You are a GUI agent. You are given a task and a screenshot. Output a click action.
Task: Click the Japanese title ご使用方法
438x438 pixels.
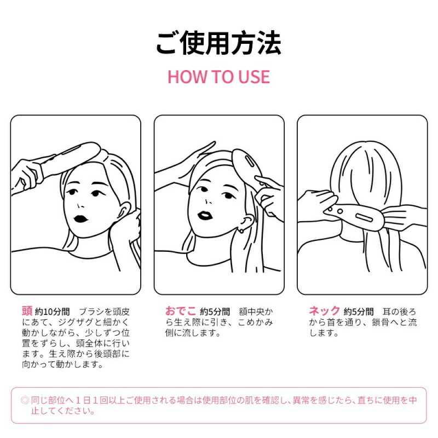218,43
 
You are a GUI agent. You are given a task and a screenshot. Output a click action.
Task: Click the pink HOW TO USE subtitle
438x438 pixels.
218,77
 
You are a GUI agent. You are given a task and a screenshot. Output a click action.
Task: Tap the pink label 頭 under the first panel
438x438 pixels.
27,311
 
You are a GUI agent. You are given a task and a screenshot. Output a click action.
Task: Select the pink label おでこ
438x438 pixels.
181,311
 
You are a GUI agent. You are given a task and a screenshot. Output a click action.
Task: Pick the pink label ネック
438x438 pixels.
324,311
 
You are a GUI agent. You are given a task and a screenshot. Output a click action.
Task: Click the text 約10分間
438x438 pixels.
52,312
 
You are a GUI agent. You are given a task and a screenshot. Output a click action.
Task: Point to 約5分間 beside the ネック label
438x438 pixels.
359,312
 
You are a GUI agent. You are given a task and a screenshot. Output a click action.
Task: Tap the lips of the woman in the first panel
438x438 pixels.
80,218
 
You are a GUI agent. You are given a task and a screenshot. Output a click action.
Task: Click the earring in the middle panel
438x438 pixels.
240,230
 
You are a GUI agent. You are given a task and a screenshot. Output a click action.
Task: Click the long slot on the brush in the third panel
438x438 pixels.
364,217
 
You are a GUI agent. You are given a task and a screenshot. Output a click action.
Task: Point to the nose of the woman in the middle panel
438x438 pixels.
207,201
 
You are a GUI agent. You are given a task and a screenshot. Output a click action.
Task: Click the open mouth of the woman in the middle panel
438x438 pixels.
205,215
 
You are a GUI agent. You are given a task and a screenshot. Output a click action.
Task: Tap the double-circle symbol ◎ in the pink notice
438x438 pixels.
25,401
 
